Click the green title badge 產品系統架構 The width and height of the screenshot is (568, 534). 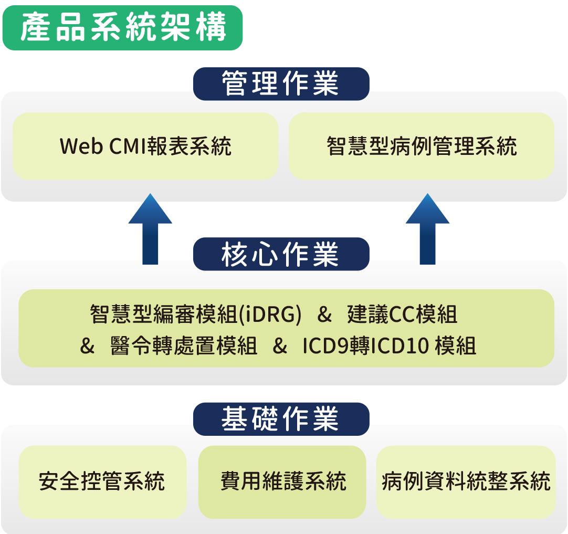[x=122, y=28]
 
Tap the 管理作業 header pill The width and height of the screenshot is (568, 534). [x=281, y=83]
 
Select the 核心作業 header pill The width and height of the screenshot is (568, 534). [x=281, y=254]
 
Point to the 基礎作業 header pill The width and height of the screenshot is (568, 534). [x=281, y=419]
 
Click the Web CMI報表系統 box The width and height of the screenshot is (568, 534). [x=145, y=146]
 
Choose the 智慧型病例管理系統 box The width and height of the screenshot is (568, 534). [x=422, y=146]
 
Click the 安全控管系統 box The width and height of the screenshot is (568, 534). [x=102, y=482]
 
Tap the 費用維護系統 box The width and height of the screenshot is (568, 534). [x=282, y=482]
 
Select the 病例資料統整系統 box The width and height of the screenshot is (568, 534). [x=466, y=482]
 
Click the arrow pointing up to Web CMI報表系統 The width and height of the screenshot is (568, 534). [x=150, y=229]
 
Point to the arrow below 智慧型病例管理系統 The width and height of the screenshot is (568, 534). [x=427, y=229]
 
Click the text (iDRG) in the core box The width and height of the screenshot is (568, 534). [x=270, y=314]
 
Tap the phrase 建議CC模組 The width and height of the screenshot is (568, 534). [x=402, y=314]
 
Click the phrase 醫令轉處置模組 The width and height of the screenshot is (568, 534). [x=184, y=345]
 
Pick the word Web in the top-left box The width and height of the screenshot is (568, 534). [x=81, y=146]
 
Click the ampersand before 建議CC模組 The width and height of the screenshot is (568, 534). [x=324, y=314]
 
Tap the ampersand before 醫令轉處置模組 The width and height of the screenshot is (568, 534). [x=87, y=345]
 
